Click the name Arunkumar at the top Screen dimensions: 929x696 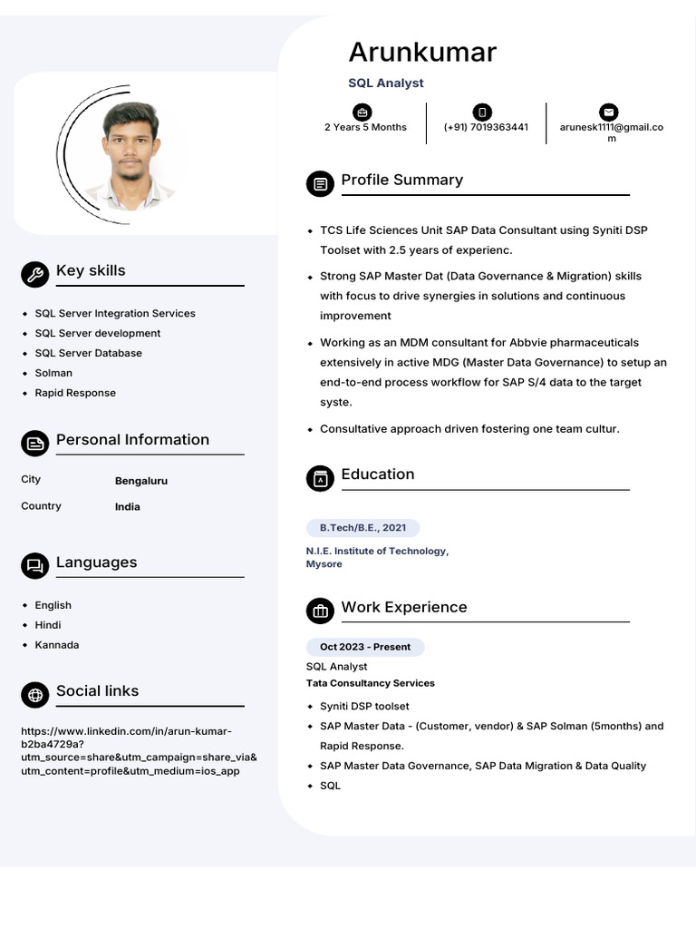tap(422, 52)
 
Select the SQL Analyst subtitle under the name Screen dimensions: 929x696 tap(386, 83)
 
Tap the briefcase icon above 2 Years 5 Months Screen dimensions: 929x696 tap(362, 112)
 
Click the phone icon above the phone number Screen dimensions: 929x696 tap(483, 112)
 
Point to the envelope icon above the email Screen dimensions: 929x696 tap(608, 112)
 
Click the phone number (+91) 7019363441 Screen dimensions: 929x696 tap(486, 127)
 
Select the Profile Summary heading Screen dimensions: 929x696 tap(401, 180)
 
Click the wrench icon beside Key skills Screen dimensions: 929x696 tap(34, 274)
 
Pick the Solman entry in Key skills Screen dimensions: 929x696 tap(53, 373)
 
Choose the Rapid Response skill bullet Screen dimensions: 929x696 tap(75, 393)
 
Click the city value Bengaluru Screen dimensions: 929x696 tap(141, 481)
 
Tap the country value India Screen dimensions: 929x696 tap(128, 507)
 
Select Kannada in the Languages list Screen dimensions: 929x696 tap(57, 645)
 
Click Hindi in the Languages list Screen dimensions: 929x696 tap(48, 625)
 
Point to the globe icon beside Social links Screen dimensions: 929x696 tap(34, 695)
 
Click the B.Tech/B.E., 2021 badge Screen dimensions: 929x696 tap(362, 527)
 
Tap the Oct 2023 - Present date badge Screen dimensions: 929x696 tap(365, 647)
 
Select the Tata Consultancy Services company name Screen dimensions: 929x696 tap(371, 683)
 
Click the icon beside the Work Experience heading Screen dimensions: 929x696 tap(320, 611)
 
